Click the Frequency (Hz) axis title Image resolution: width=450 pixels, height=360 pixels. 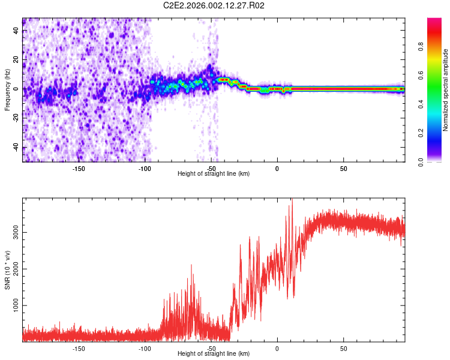point(7,89)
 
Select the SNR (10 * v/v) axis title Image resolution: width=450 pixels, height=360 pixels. point(7,269)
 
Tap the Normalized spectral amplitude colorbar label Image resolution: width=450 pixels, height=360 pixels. point(446,90)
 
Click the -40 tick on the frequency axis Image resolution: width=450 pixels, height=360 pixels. point(16,148)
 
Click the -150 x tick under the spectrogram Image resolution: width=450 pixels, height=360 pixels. point(79,168)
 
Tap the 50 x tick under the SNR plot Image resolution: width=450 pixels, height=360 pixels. point(343,348)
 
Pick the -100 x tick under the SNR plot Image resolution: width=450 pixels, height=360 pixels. point(145,348)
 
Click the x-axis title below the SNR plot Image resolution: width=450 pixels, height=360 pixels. point(214,354)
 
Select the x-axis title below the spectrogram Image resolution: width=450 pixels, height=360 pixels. point(214,174)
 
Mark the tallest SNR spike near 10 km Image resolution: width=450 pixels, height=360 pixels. point(292,202)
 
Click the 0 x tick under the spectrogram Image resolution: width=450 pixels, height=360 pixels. point(277,168)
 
